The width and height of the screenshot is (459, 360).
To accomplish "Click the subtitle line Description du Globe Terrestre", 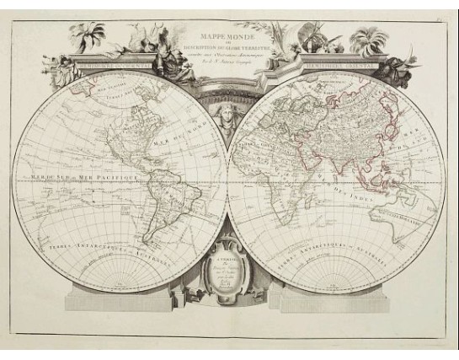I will pos(230,46).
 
